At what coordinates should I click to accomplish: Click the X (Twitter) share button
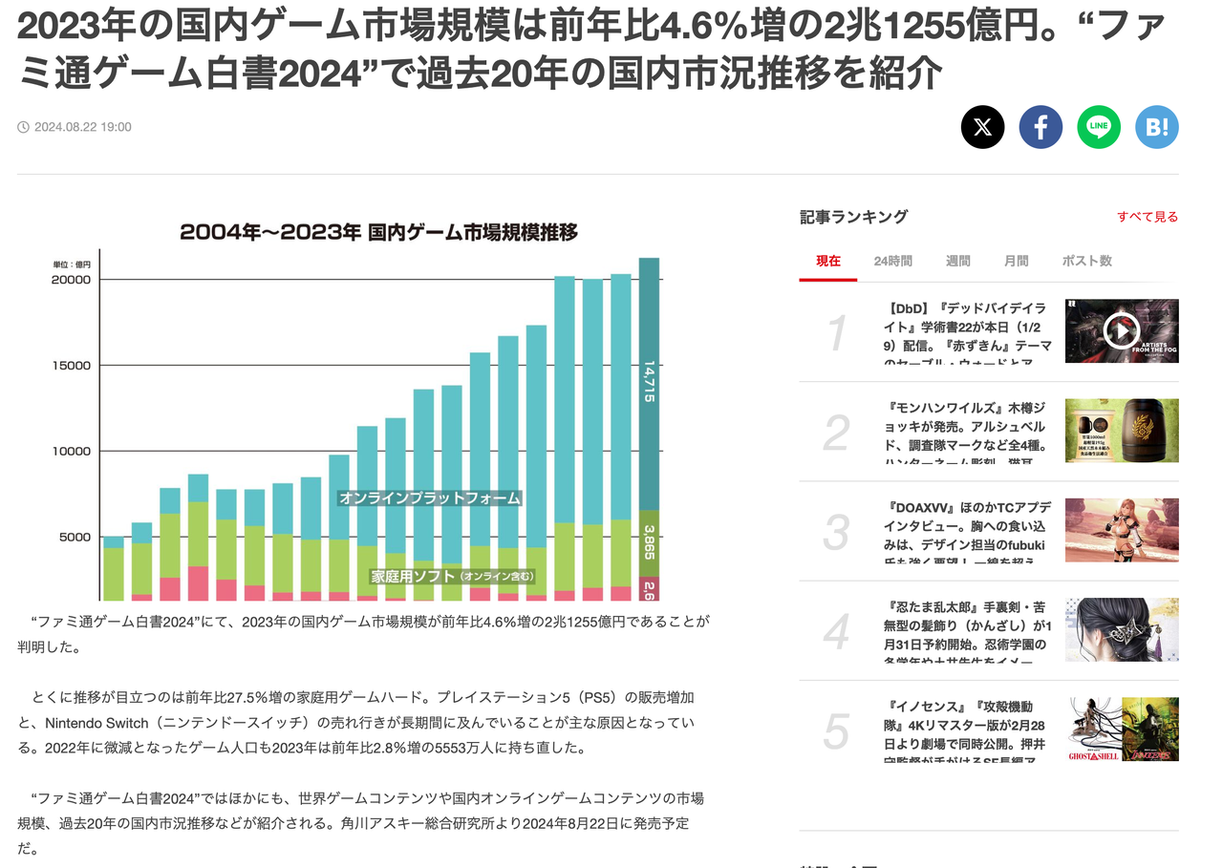(x=982, y=127)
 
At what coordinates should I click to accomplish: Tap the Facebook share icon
(x=1041, y=127)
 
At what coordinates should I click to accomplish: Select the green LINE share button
(x=1099, y=127)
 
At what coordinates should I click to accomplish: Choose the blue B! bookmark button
(x=1157, y=127)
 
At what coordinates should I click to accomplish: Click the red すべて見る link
(x=1148, y=217)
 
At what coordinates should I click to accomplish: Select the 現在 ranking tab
(x=828, y=261)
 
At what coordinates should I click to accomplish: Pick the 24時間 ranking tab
(x=892, y=261)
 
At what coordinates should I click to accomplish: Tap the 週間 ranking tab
(x=957, y=261)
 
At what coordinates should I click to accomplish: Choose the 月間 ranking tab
(x=1016, y=261)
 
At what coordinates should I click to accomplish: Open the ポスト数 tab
(x=1086, y=261)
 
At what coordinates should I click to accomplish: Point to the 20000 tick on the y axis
(x=72, y=280)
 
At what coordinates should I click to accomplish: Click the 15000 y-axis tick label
(x=72, y=366)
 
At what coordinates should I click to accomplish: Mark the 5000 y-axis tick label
(x=75, y=537)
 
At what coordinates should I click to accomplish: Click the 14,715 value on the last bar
(x=649, y=380)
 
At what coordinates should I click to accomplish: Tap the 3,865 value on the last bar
(x=649, y=541)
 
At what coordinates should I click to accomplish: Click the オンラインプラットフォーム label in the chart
(x=430, y=498)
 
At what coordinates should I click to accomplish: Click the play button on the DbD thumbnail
(x=1121, y=330)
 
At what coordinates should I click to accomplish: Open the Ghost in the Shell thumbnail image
(x=1122, y=729)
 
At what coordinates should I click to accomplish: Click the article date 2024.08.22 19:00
(x=82, y=127)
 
